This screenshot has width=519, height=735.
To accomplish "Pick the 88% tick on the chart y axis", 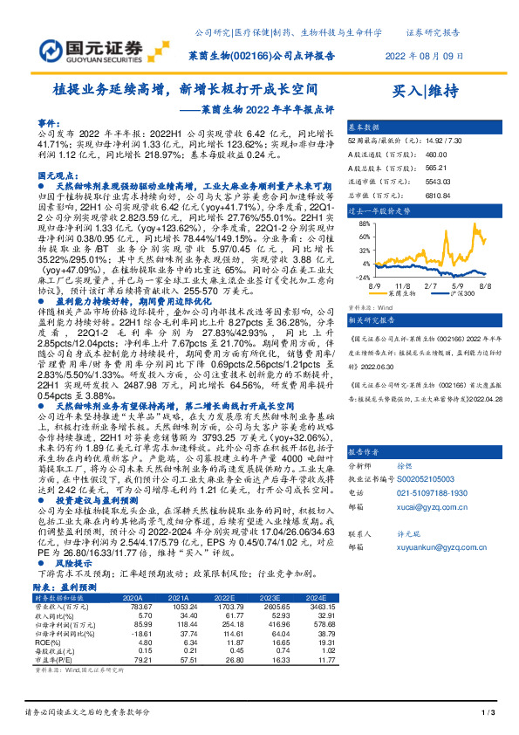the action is tap(360, 225).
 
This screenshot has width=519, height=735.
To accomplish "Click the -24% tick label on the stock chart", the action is tap(358, 277).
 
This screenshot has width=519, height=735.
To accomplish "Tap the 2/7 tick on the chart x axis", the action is tap(430, 285).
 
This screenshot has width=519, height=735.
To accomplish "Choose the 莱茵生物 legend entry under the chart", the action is tap(408, 295).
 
